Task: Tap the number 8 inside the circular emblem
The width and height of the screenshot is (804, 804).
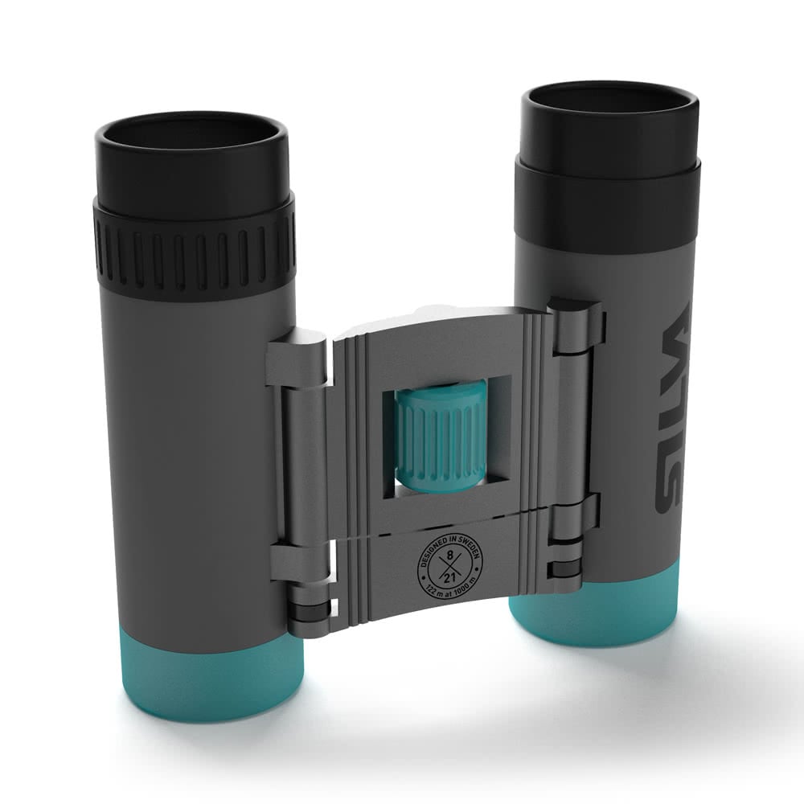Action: click(x=450, y=555)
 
